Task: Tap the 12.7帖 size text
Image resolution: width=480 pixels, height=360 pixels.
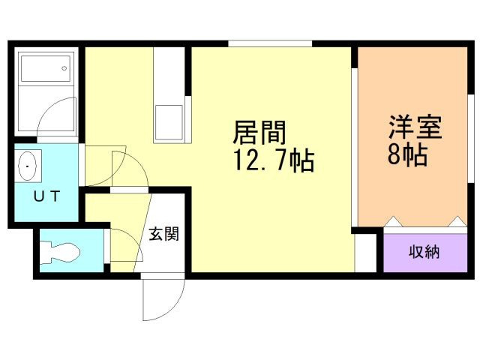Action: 274,160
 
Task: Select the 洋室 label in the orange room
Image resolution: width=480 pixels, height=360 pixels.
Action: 415,125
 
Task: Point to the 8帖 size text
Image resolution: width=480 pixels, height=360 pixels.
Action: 407,154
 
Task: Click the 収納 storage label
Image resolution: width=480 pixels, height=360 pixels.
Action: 424,252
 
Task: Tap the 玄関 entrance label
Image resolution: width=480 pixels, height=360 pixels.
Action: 163,234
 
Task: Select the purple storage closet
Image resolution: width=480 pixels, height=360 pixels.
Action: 424,252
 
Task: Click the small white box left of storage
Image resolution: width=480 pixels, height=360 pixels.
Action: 365,252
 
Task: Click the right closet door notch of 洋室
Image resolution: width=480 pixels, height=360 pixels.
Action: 455,222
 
